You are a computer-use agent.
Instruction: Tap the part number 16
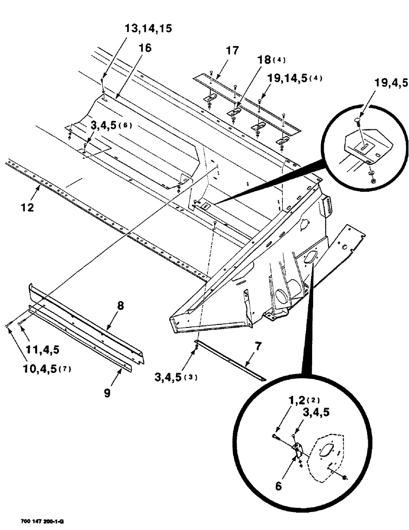(x=145, y=48)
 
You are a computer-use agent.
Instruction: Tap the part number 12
(x=28, y=208)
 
